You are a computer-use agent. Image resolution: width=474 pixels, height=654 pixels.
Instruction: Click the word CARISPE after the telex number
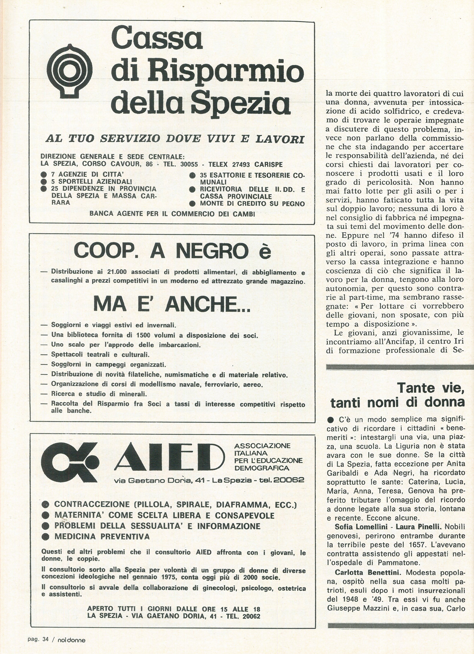[x=268, y=164]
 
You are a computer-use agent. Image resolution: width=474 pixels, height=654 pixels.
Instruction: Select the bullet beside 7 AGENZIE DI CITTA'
[x=44, y=175]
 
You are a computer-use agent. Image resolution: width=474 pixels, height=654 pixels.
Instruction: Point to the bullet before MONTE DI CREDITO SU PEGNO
[x=192, y=204]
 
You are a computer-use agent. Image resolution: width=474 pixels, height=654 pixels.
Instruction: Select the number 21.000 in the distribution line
[x=119, y=272]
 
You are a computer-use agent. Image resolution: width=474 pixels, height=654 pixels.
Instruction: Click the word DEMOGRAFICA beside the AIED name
[x=262, y=468]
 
